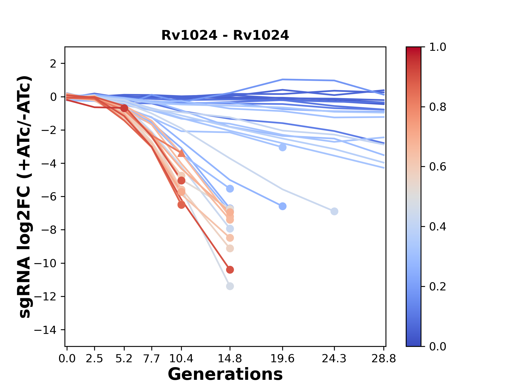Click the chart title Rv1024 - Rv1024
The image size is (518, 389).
pos(225,35)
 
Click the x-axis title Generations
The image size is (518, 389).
pos(225,374)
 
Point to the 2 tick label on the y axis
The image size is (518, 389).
pos(53,63)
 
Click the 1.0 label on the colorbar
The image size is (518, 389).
pos(438,47)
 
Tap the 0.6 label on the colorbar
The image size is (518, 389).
pos(438,167)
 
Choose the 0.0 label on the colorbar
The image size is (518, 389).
pos(438,346)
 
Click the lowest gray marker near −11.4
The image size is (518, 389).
pos(230,286)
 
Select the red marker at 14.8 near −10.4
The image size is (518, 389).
pos(230,270)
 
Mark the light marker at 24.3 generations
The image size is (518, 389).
pos(334,211)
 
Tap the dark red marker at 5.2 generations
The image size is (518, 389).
pos(124,108)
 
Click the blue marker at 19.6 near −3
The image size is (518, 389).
pos(282,147)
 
